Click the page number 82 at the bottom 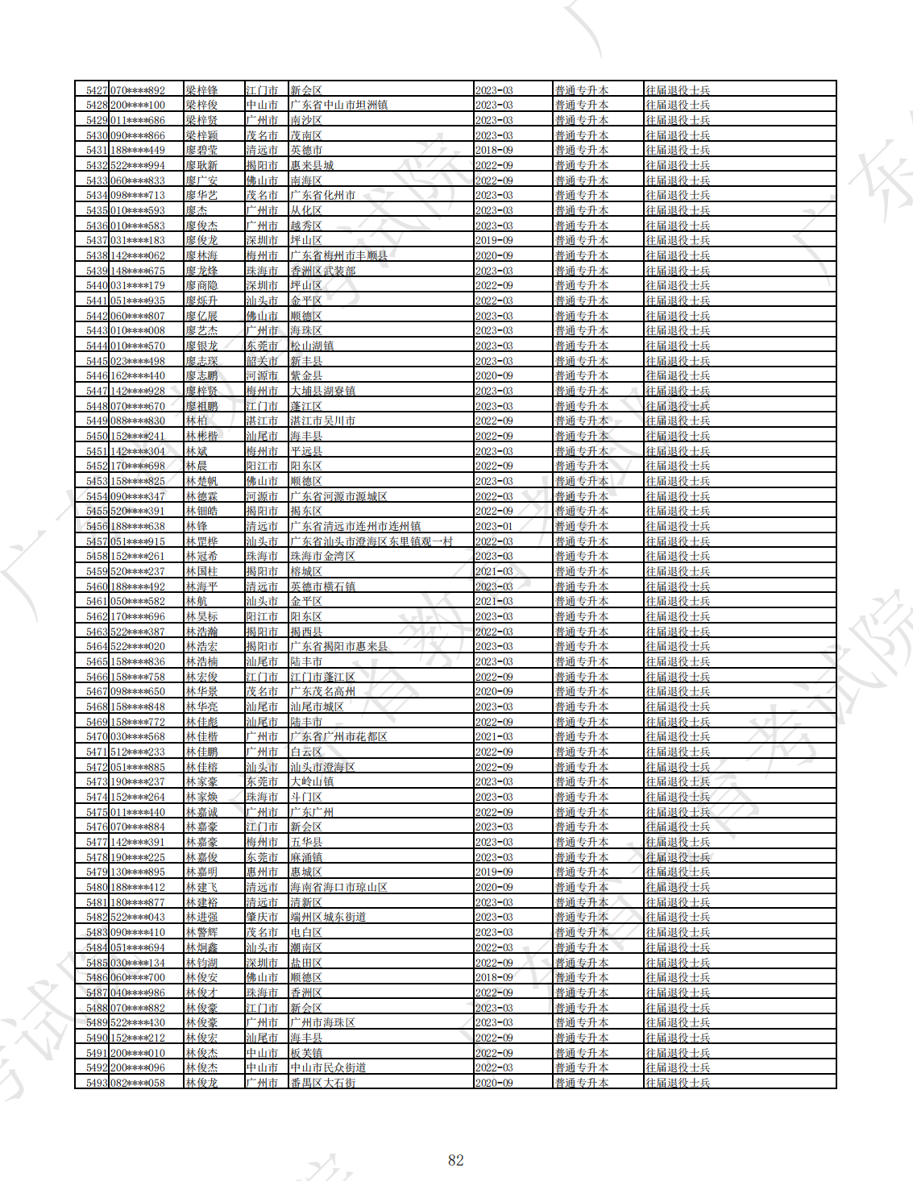pos(456,1160)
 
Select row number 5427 pos(97,90)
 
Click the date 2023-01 pos(494,526)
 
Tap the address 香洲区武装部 pos(323,271)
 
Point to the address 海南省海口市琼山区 pos(338,887)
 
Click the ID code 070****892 pos(138,90)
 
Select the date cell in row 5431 pos(494,151)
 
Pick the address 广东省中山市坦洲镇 pos(338,106)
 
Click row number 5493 pos(97,1083)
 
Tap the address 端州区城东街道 pos(328,917)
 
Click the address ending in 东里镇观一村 pos(371,541)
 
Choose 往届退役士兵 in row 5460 pos(678,586)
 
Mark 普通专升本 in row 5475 pos(581,812)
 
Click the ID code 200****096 pos(138,1067)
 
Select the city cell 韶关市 pos(262,361)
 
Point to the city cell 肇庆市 pos(262,917)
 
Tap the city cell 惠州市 pos(262,872)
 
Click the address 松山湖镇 pos(312,346)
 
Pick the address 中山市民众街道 pos(328,1067)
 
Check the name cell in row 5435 pos(197,210)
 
